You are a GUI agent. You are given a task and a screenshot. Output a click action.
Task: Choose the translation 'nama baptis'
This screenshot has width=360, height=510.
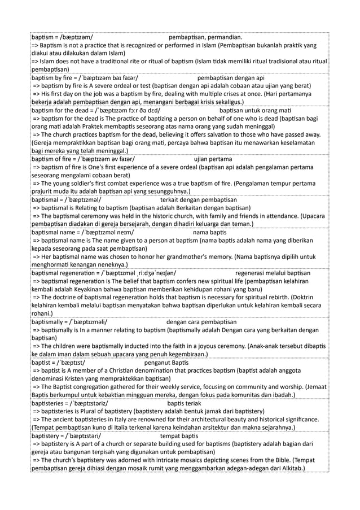(209, 232)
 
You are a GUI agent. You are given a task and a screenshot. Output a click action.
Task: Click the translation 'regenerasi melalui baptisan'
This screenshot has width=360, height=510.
(272, 273)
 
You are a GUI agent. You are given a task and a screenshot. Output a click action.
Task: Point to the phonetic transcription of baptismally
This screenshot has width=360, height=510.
(88, 322)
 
